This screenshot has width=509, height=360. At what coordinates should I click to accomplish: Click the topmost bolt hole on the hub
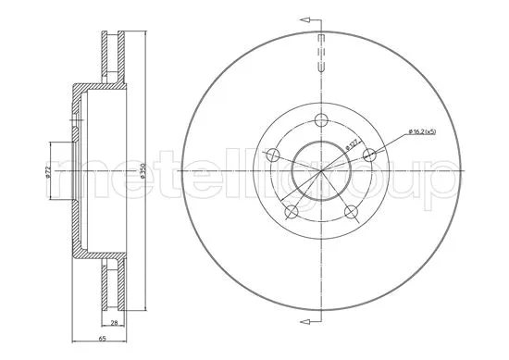[322, 119]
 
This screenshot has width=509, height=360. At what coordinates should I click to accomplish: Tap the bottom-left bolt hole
[290, 213]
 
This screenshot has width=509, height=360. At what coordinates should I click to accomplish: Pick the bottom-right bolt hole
[353, 213]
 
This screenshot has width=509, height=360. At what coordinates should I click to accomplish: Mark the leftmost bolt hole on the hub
[271, 154]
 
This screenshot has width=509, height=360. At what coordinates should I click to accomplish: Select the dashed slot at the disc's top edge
[321, 52]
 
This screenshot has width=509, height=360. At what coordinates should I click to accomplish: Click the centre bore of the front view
[321, 172]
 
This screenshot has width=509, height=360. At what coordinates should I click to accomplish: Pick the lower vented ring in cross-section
[115, 284]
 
